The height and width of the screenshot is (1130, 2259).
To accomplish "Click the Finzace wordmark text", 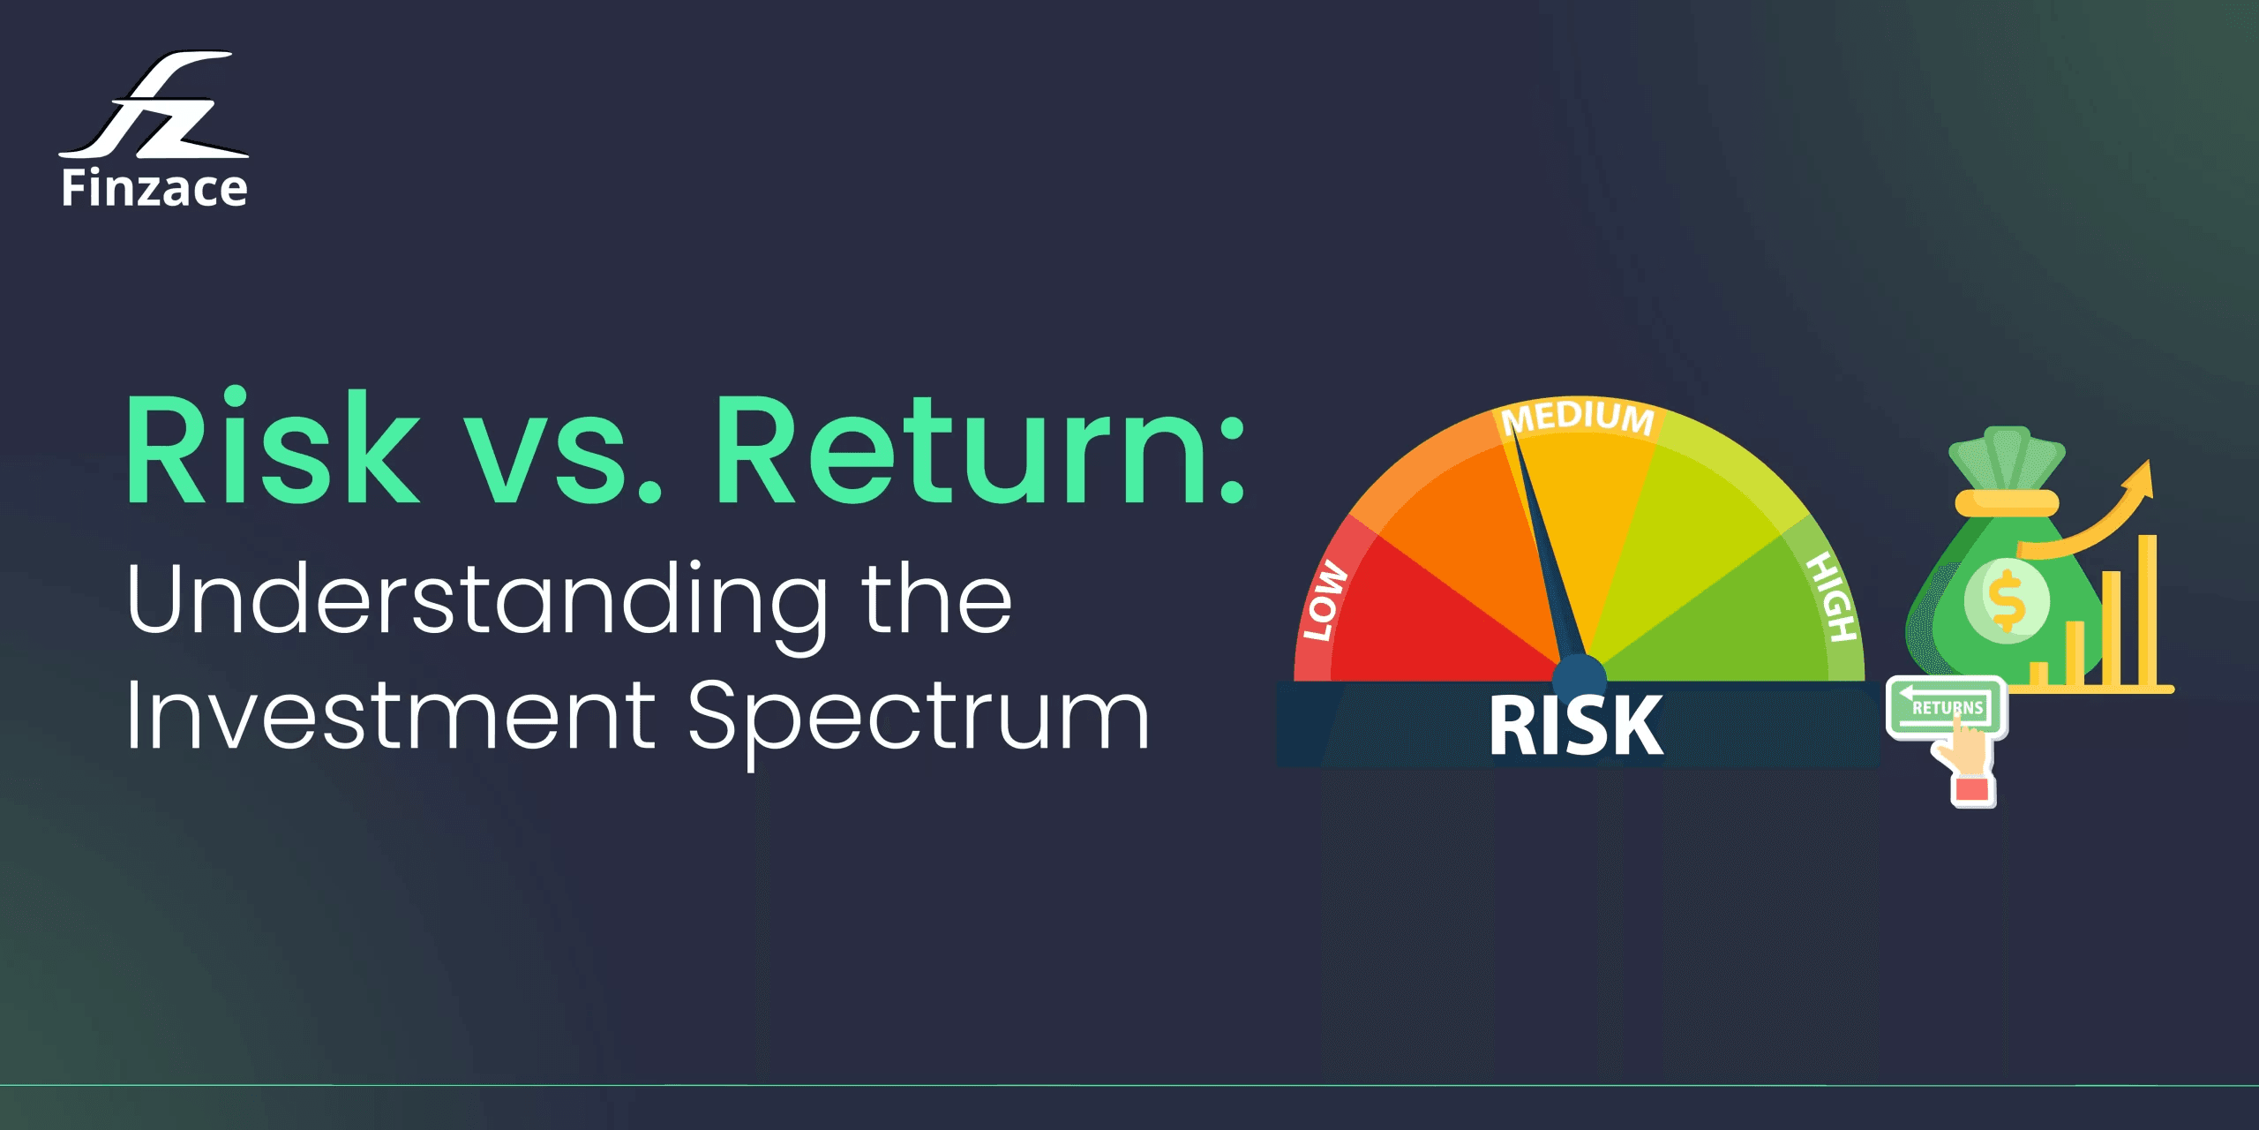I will point(154,188).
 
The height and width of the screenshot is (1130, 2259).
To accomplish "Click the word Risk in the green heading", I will point(273,449).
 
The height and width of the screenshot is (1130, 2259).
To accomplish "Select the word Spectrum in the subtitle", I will point(919,719).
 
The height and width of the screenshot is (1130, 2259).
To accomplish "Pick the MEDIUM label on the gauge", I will point(1579,417).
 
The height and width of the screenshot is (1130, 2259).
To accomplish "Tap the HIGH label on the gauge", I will point(1832,597).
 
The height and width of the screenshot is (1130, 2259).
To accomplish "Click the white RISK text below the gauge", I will point(1576,726).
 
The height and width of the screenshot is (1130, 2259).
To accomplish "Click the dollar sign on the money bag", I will point(2007,599).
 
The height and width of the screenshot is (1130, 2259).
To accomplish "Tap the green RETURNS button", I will point(1945,706).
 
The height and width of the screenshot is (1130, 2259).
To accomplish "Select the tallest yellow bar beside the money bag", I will point(2147,609).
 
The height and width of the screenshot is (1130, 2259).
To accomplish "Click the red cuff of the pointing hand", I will point(1971,789).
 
